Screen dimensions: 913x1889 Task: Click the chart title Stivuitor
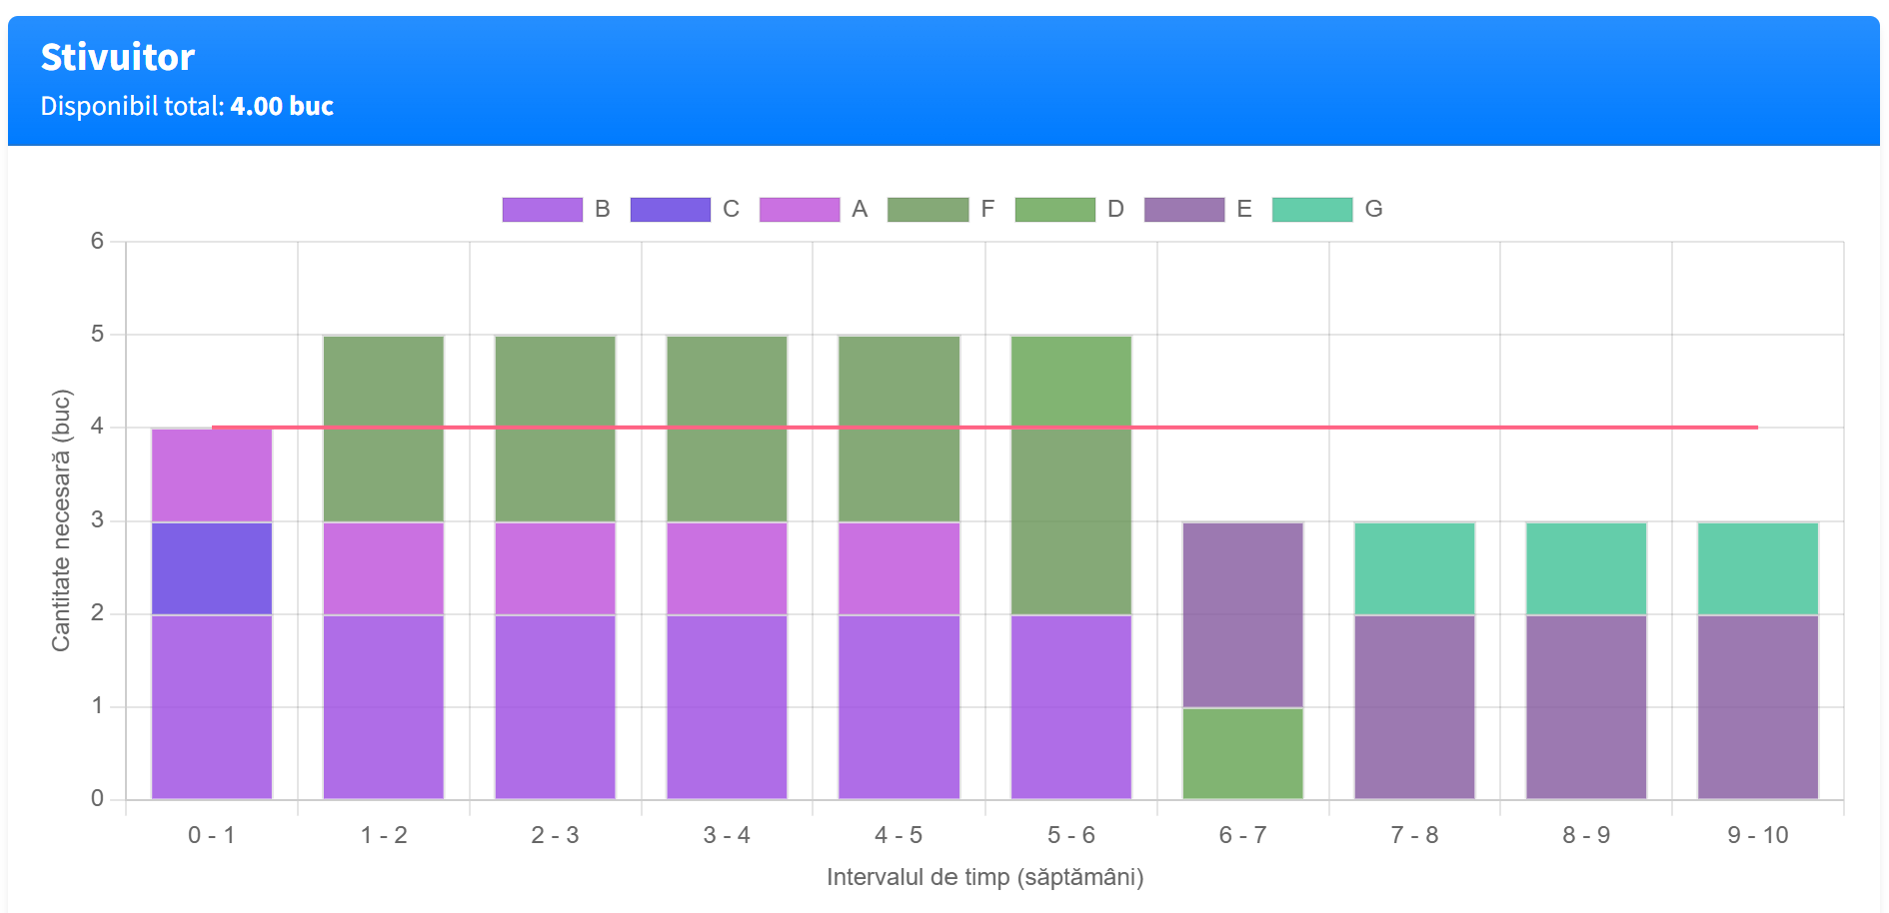[118, 58]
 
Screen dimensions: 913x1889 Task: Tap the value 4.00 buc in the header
[282, 106]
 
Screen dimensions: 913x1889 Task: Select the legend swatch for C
[670, 210]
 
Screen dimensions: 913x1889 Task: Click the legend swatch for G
[1311, 210]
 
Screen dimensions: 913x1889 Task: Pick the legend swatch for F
[928, 210]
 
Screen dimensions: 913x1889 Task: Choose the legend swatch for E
[1183, 210]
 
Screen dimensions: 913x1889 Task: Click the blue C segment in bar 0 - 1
[212, 568]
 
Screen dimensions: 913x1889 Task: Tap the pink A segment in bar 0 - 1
[212, 475]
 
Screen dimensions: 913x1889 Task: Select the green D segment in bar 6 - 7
[1242, 753]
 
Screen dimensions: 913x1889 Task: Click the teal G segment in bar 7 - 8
[1414, 568]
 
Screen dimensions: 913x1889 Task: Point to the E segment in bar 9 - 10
[1757, 707]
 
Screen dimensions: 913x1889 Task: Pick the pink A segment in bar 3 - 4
[727, 568]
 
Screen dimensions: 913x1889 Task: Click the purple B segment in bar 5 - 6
[1070, 707]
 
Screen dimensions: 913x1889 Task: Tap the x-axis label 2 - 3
[555, 835]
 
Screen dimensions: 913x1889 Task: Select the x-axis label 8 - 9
[1586, 835]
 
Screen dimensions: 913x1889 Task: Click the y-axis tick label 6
[97, 241]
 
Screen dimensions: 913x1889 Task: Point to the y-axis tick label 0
[97, 798]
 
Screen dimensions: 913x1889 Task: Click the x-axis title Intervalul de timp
[984, 877]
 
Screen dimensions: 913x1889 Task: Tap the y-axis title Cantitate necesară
[61, 520]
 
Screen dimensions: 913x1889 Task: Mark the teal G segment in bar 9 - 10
[1757, 568]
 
